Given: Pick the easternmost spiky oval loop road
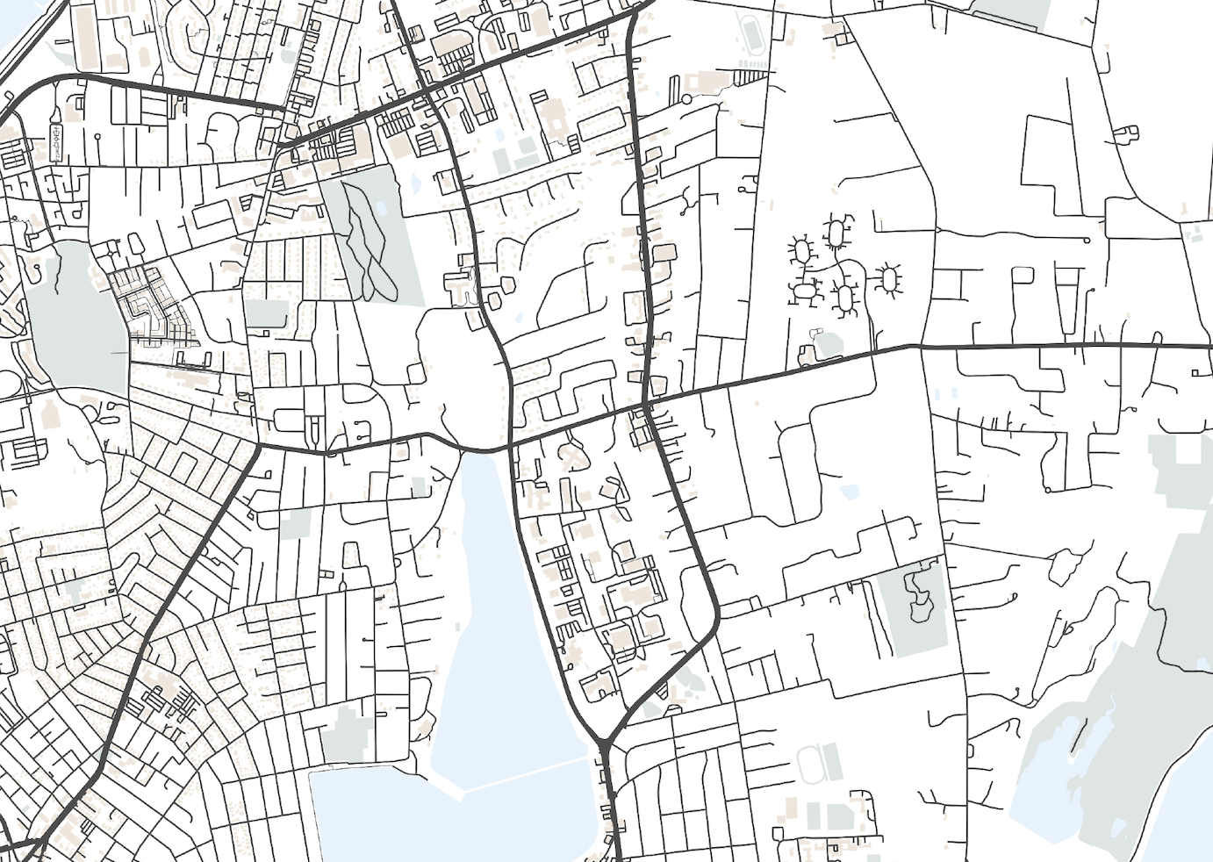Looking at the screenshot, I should click(x=889, y=280).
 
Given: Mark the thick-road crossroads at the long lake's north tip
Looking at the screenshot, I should click(x=512, y=447).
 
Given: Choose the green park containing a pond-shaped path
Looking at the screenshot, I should click(x=920, y=606).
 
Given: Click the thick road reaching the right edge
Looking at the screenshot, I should click(x=1141, y=345).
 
